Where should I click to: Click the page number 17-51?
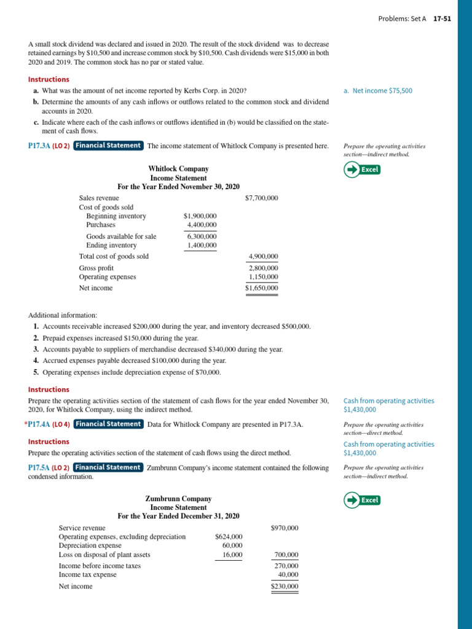coord(442,18)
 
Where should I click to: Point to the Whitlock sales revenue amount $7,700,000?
coord(261,198)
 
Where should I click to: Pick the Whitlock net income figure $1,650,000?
coord(261,288)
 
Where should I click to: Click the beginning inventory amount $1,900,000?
coord(200,216)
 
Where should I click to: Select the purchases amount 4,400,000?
coord(202,225)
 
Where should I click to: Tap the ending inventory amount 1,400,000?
coord(202,246)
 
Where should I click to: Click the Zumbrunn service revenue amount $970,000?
coord(285,528)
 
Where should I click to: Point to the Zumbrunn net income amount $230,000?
coord(285,587)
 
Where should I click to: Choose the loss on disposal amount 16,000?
coord(232,555)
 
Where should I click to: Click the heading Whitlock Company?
coord(178,169)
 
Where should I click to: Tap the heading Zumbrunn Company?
coord(178,499)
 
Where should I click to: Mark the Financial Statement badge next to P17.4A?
coord(108,424)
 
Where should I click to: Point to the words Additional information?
coord(62,315)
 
